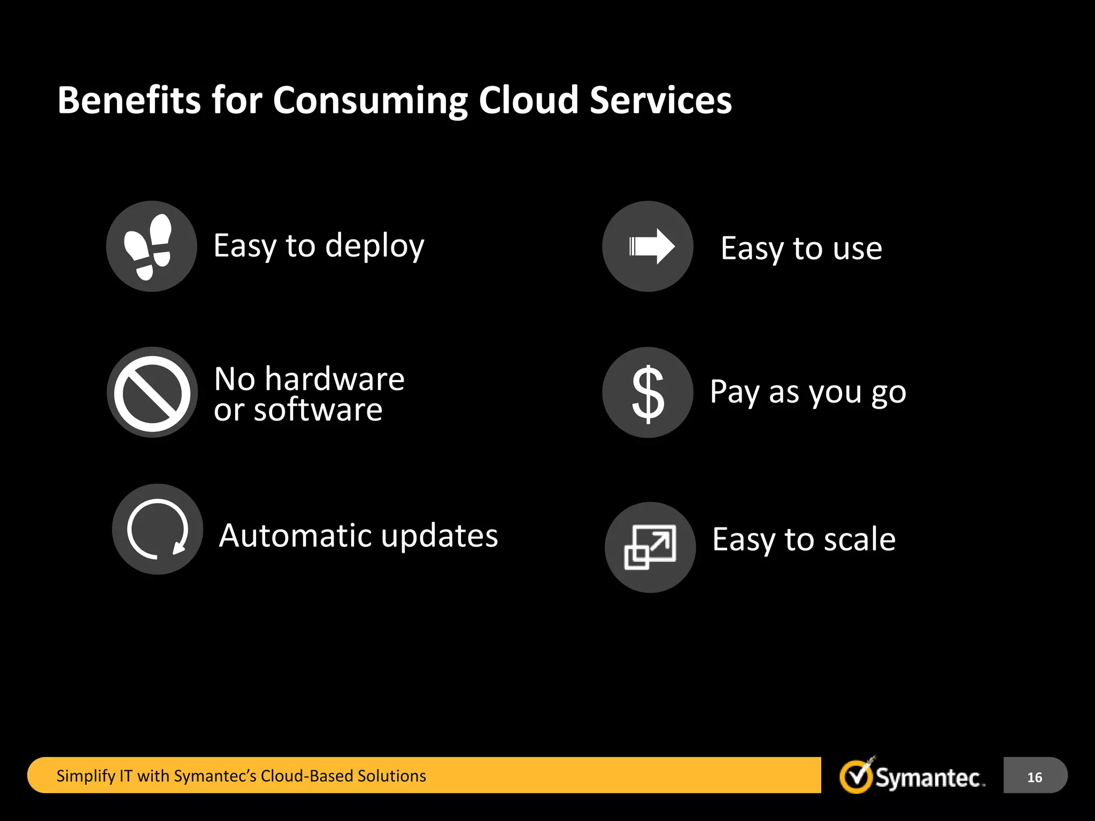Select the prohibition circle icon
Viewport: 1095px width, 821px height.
tap(152, 393)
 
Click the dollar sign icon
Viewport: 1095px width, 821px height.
tap(648, 393)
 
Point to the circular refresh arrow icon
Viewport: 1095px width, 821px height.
tap(157, 529)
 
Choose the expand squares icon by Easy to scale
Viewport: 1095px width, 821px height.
tap(650, 547)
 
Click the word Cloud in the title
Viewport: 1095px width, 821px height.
tap(528, 100)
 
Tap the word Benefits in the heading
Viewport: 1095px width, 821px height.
tap(129, 100)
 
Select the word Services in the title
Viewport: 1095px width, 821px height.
tap(661, 100)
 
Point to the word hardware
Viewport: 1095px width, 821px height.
tap(335, 379)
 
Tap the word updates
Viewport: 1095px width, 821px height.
tap(439, 536)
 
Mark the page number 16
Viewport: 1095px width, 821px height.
tap(1035, 777)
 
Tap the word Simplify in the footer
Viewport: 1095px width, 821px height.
tap(86, 776)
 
